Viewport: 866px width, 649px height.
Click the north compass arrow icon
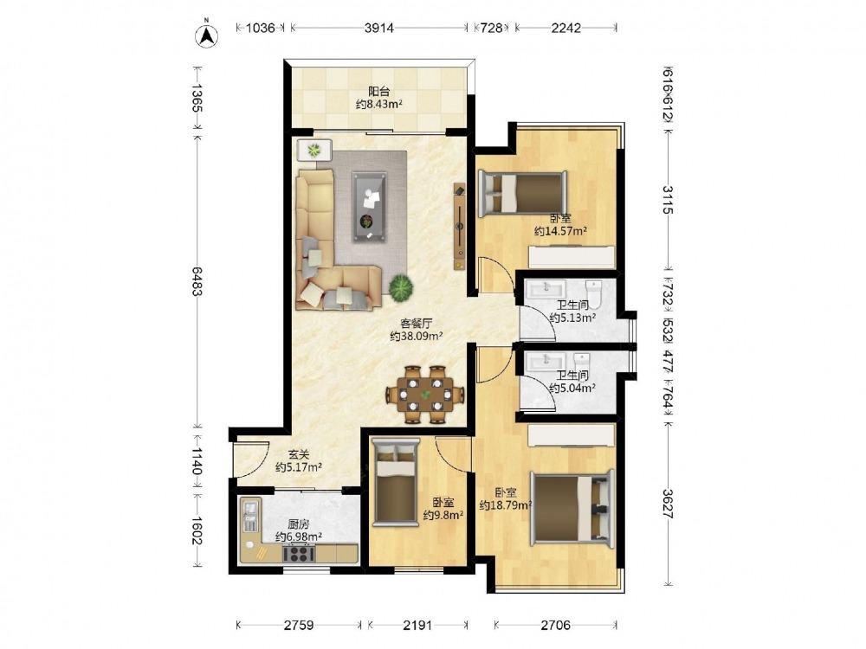tap(207, 35)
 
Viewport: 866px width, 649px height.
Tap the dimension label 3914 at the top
tap(379, 28)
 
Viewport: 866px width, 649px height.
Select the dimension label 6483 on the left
tap(197, 280)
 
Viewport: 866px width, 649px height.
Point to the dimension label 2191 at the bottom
tap(417, 626)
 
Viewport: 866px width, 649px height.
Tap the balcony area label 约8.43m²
tap(378, 105)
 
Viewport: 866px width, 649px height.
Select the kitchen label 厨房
tap(298, 524)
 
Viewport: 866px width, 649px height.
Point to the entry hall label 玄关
tap(298, 455)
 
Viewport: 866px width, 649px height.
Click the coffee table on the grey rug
tap(369, 207)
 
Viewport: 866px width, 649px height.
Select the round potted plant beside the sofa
tap(400, 287)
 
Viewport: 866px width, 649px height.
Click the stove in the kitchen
tap(299, 552)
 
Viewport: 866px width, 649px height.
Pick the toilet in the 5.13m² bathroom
tap(593, 292)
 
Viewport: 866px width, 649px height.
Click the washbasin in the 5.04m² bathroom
tap(544, 361)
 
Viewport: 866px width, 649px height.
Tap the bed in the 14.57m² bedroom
tap(522, 193)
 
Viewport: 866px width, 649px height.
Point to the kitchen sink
tap(249, 514)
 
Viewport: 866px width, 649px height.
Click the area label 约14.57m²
tap(560, 231)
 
